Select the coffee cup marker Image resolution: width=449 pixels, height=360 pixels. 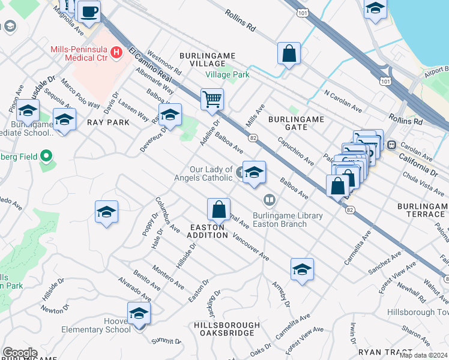point(89,11)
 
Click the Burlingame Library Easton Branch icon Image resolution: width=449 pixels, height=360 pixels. point(270,200)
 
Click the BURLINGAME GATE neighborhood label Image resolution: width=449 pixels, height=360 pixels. point(296,124)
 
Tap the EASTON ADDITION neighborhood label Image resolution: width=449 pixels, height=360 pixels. point(208,231)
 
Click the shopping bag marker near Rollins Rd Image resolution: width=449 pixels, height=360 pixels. point(289,53)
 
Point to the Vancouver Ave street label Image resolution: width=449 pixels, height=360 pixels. point(251,247)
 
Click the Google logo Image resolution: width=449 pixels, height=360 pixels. point(20,353)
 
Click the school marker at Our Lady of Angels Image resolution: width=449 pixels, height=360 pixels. point(254,172)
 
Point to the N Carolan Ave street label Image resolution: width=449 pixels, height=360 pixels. point(343,101)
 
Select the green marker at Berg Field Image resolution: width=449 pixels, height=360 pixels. point(46,157)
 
